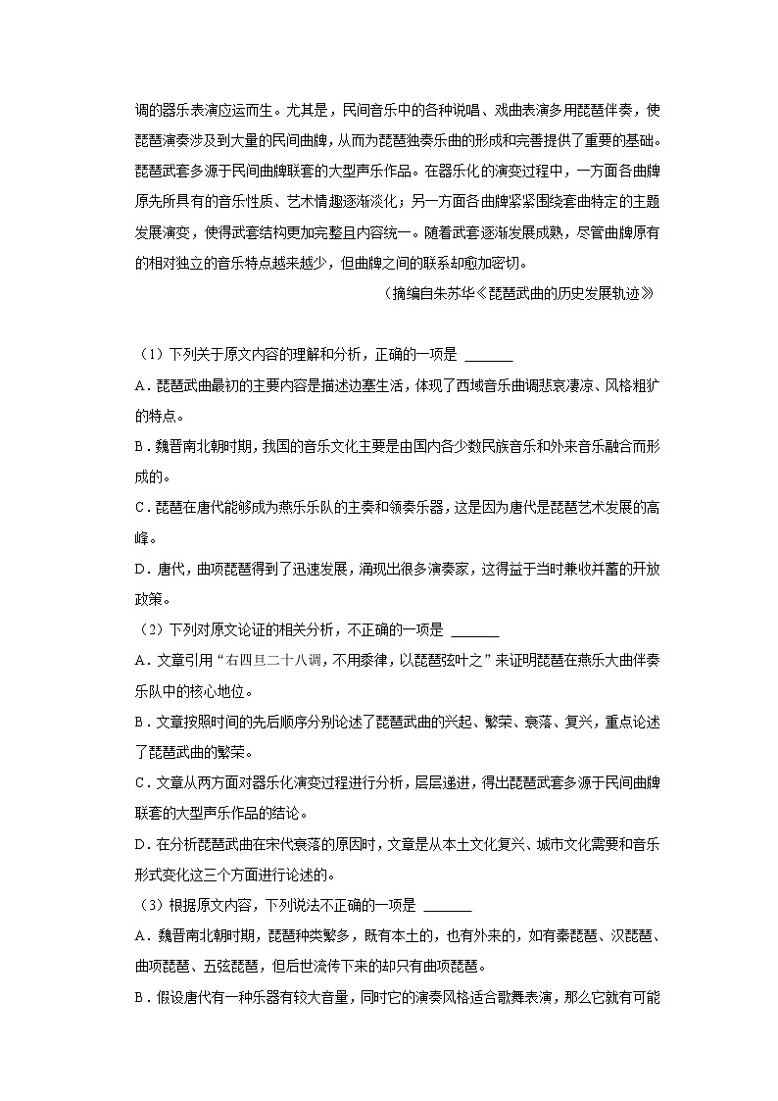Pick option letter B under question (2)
[x=140, y=722]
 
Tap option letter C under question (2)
[x=140, y=783]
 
